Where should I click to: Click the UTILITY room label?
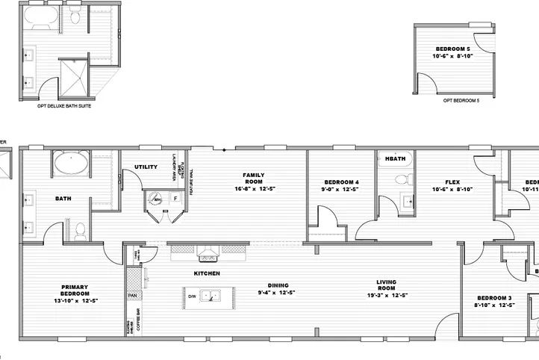pyautogui.click(x=146, y=167)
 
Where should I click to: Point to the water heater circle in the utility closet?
pyautogui.click(x=157, y=199)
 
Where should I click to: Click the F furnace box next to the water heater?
pyautogui.click(x=175, y=199)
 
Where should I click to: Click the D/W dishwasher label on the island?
pyautogui.click(x=192, y=297)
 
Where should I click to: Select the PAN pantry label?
pyautogui.click(x=132, y=296)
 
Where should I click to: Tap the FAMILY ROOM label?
pyautogui.click(x=253, y=179)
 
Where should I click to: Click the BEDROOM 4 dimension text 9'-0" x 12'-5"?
pyautogui.click(x=341, y=190)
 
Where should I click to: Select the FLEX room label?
pyautogui.click(x=452, y=182)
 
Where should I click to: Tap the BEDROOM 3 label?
pyautogui.click(x=494, y=297)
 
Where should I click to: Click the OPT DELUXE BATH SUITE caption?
pyautogui.click(x=57, y=106)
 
